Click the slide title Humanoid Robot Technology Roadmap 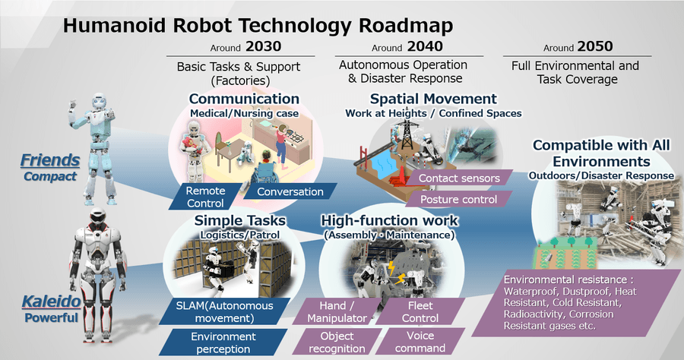258,25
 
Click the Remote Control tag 205,197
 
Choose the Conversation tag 290,191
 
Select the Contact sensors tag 458,178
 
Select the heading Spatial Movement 433,99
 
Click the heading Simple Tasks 230,221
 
